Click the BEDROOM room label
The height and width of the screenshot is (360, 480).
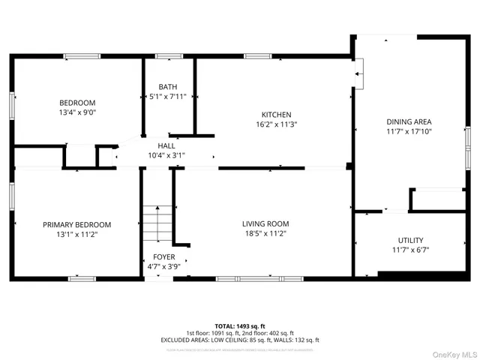(x=78, y=103)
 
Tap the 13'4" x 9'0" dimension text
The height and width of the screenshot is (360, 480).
(x=78, y=113)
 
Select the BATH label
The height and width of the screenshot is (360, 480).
(x=168, y=86)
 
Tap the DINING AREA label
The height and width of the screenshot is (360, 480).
(x=409, y=121)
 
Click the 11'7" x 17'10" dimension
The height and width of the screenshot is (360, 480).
(x=409, y=131)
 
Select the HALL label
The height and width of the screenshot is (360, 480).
(x=166, y=145)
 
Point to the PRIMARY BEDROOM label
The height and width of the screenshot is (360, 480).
(x=76, y=224)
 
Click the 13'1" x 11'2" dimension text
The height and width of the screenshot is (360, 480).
(x=76, y=234)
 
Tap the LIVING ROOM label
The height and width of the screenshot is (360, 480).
(x=265, y=223)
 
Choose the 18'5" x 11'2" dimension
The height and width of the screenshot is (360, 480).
(x=265, y=233)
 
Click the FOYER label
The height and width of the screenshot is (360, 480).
(x=163, y=256)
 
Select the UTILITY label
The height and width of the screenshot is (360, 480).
(x=410, y=240)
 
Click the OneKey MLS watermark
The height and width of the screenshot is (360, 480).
(x=453, y=352)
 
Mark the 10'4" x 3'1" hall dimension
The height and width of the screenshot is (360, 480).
(x=166, y=155)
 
